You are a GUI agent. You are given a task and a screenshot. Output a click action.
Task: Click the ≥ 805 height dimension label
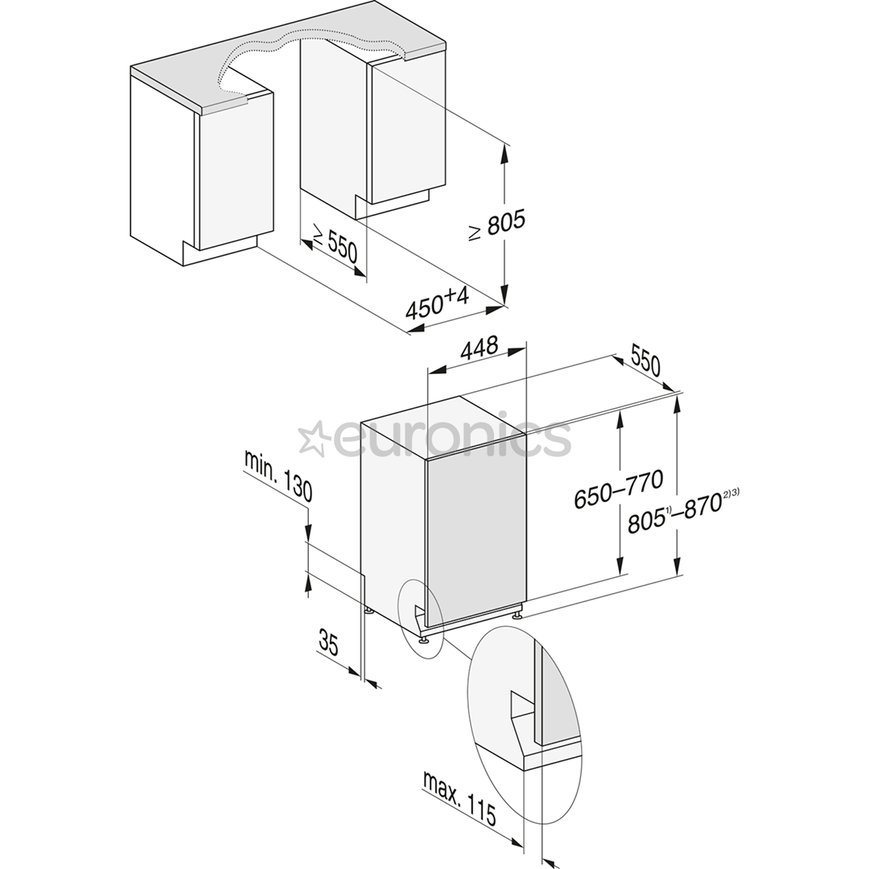(496, 225)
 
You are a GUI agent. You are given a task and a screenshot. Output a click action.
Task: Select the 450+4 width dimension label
(437, 304)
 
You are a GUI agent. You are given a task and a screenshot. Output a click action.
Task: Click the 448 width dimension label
(478, 348)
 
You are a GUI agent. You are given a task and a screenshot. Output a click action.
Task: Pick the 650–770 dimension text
(618, 489)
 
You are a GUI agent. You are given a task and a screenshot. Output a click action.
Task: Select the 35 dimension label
(328, 642)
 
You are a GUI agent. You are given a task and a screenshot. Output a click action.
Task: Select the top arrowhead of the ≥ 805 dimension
(505, 153)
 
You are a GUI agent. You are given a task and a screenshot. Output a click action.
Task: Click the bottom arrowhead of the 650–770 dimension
(620, 564)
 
